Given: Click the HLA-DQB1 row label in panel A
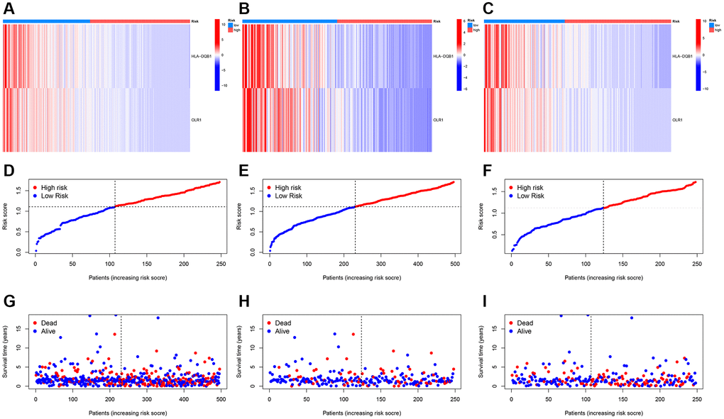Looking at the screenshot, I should coord(202,55).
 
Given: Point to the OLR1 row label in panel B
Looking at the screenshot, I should coord(439,120).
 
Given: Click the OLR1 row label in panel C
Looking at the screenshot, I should coord(679,120).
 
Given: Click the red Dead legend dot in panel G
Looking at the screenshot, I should coord(36,323).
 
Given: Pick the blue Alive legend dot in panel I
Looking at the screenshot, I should coord(512,331).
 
